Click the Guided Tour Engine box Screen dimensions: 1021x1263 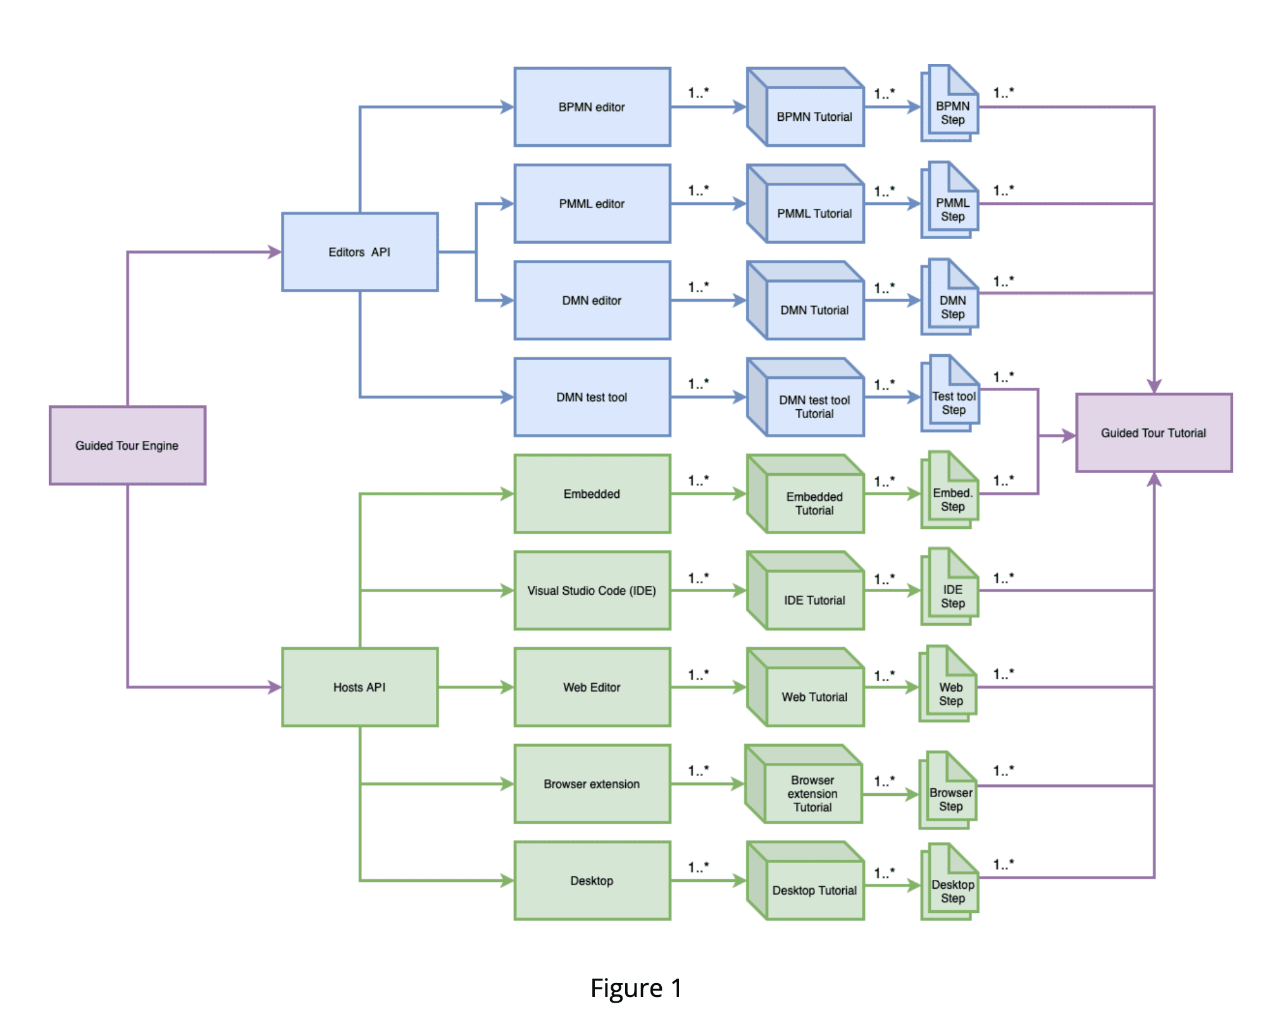pos(127,445)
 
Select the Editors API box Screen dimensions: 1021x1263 pos(359,252)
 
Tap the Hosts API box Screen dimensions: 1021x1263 pos(359,687)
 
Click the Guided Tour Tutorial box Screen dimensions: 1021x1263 pos(1154,433)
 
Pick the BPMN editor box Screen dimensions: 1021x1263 pos(592,107)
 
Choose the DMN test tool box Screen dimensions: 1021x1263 pos(592,397)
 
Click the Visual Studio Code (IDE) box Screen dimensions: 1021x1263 pos(592,590)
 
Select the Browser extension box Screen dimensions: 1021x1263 pos(592,784)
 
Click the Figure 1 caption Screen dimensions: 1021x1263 pos(635,988)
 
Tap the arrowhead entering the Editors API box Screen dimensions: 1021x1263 pos(275,252)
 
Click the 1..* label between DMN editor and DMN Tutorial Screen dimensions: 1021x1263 pos(699,287)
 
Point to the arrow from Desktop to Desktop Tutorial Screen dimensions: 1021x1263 pos(707,881)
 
